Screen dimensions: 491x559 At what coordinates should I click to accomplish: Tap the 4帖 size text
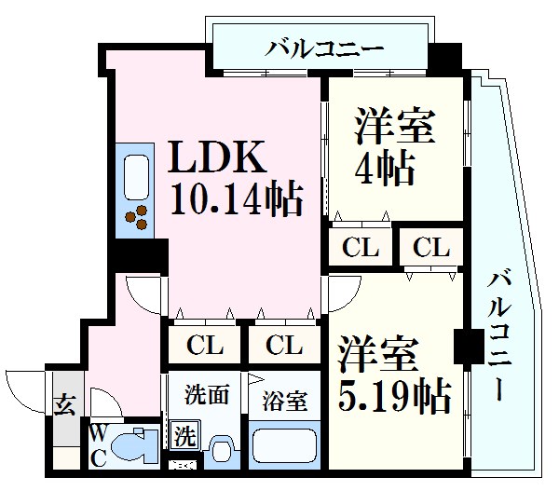coord(383,168)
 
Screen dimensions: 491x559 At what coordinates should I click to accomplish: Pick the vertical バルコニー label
coord(500,335)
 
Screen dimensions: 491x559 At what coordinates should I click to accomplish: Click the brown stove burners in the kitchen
coord(137,216)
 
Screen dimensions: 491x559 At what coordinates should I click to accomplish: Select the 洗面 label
coord(206,393)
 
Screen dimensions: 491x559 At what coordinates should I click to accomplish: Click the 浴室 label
coord(283,402)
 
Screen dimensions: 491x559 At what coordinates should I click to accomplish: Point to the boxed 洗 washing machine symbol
coord(184,434)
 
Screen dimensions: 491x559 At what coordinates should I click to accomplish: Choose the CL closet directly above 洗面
coord(205,346)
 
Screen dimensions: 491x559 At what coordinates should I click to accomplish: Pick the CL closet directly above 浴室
coord(283,346)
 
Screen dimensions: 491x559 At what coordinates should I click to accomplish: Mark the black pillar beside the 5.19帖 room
coord(463,348)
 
